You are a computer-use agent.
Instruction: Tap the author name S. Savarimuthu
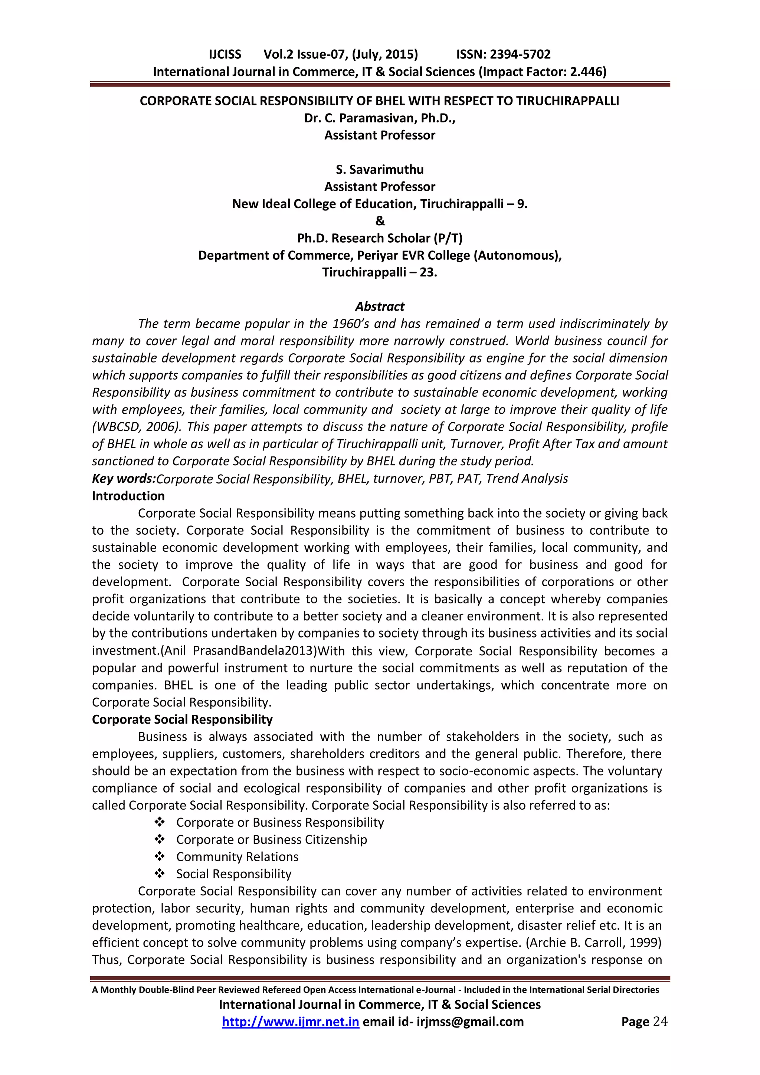[x=379, y=170]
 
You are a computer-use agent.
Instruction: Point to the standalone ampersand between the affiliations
[x=380, y=221]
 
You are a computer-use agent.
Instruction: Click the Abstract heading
[x=379, y=307]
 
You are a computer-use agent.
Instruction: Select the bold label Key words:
[x=124, y=479]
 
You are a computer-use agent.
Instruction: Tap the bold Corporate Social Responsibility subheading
[x=182, y=719]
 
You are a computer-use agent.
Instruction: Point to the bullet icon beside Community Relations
[x=160, y=857]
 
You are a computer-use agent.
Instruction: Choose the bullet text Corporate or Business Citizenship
[x=271, y=839]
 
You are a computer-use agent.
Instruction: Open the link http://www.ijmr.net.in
[x=290, y=1022]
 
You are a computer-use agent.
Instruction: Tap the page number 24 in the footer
[x=660, y=1022]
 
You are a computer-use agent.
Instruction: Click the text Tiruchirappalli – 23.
[x=379, y=272]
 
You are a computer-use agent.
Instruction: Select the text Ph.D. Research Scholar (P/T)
[x=379, y=238]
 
